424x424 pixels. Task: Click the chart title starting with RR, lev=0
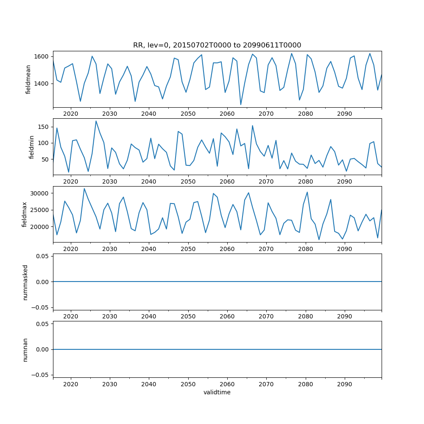[217, 45]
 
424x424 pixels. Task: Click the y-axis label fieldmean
[28, 79]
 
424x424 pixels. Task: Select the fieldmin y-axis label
[31, 147]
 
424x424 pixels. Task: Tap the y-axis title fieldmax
[25, 215]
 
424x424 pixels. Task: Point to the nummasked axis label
[25, 282]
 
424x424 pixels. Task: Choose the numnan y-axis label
[25, 349]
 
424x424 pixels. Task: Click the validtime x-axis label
[217, 392]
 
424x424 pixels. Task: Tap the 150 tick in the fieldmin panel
[43, 127]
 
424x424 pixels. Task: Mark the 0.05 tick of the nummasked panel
[42, 256]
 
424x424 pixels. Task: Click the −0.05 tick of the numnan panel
[41, 375]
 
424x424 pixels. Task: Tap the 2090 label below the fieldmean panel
[344, 114]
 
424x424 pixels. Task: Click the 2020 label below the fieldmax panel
[70, 249]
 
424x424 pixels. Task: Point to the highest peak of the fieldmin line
[96, 121]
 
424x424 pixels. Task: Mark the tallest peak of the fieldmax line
[84, 188]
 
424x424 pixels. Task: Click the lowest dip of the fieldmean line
[240, 105]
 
